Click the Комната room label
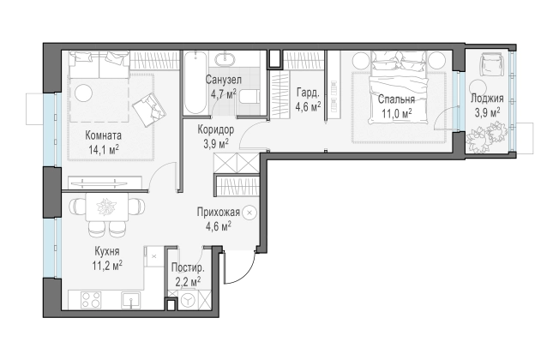[x=104, y=135]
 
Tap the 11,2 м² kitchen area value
[x=107, y=266]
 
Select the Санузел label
[x=224, y=80]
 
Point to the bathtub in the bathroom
[x=195, y=82]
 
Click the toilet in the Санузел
[x=249, y=96]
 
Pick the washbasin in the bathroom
[x=225, y=59]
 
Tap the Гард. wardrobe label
[x=308, y=93]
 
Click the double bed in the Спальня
[x=399, y=87]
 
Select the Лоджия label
[x=487, y=99]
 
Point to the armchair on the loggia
[x=491, y=63]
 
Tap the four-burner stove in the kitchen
[x=91, y=300]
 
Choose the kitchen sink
[x=131, y=301]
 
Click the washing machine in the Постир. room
[x=188, y=300]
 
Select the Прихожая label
[x=218, y=213]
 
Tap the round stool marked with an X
[x=249, y=213]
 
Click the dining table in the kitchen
[x=106, y=207]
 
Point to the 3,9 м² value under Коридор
[x=216, y=144]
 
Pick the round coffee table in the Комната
[x=84, y=93]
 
